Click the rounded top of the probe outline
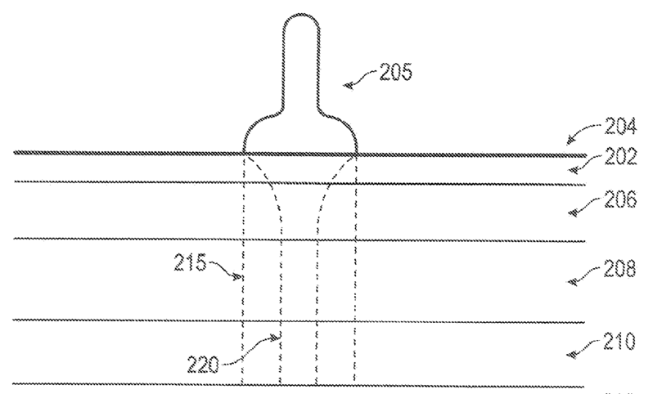(x=301, y=16)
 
